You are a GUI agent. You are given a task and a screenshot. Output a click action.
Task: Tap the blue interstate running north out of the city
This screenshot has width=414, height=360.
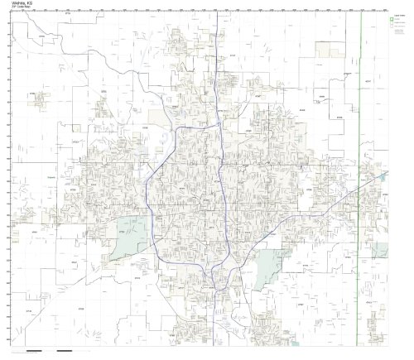pos(216,50)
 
